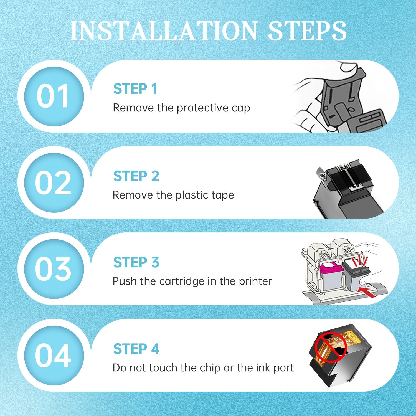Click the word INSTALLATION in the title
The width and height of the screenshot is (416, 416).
164,31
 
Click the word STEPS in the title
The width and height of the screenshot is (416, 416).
307,31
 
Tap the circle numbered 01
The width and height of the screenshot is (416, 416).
54,97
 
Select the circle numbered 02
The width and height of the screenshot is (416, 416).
54,183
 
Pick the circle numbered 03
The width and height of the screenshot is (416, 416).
54,269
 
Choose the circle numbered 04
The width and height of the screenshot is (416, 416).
54,356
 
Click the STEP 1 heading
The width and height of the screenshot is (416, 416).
135,89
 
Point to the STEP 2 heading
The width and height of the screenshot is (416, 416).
136,176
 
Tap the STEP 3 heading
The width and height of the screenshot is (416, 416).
136,262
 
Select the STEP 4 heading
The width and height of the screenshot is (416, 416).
136,349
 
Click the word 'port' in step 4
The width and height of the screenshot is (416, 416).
284,368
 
